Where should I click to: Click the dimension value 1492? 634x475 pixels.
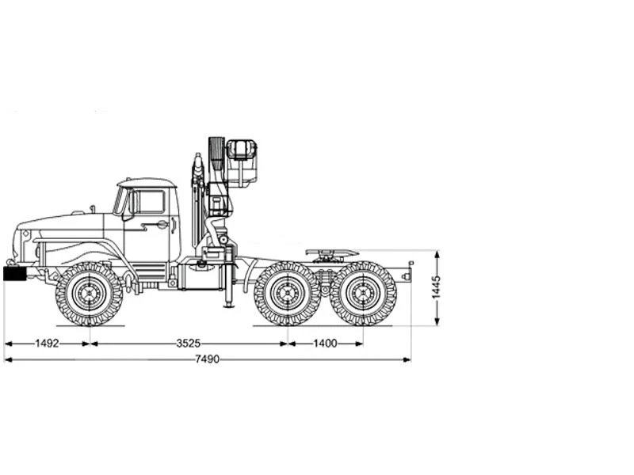(x=47, y=344)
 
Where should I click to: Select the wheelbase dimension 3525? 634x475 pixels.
(x=189, y=344)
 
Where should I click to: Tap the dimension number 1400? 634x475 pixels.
(x=325, y=344)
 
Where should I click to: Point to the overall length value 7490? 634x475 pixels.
(x=207, y=359)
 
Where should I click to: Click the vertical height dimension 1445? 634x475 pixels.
(x=437, y=287)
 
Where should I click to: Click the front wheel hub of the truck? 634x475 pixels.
(x=89, y=293)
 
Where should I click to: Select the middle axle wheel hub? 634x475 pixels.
(x=288, y=293)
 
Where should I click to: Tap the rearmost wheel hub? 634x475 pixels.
(x=363, y=293)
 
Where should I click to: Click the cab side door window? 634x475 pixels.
(x=150, y=202)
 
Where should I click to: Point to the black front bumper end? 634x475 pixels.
(x=14, y=273)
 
